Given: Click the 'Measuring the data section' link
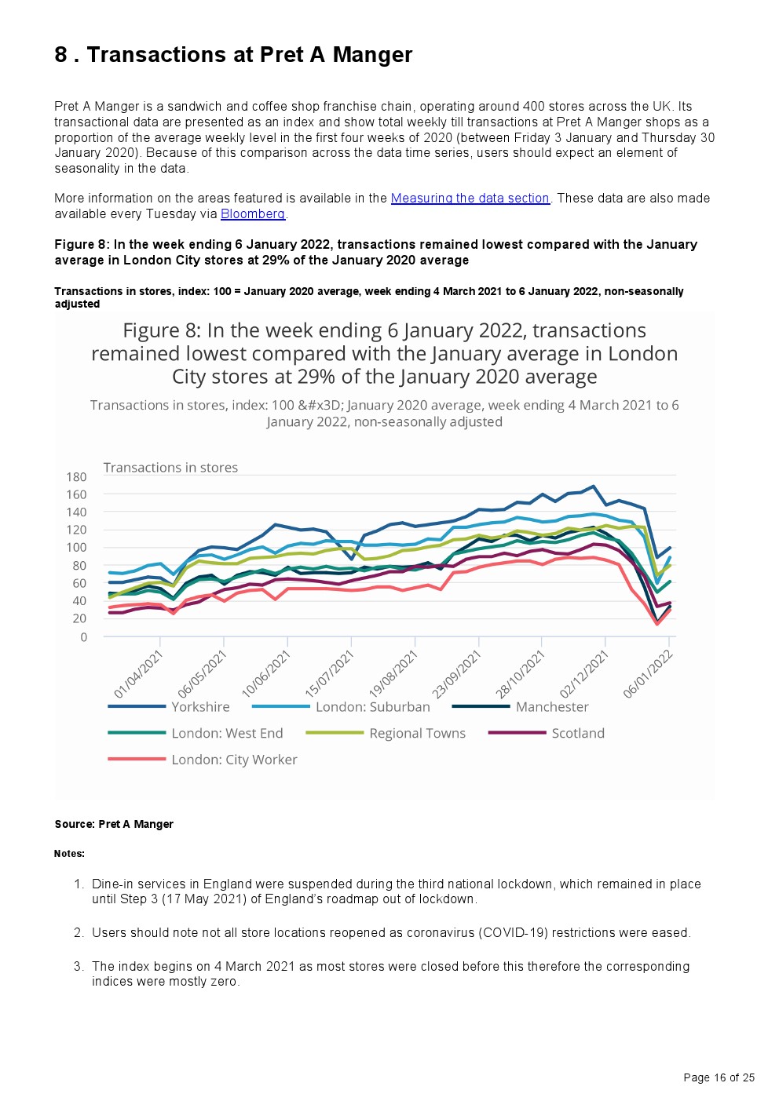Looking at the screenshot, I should pyautogui.click(x=470, y=199).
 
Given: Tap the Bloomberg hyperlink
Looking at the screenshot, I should pyautogui.click(x=252, y=214).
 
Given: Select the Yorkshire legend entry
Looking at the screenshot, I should pyautogui.click(x=200, y=707).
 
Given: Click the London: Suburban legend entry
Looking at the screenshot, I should pyautogui.click(x=372, y=707).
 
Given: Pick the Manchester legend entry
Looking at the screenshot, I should pyautogui.click(x=551, y=707).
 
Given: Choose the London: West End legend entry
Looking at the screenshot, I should pyautogui.click(x=226, y=734).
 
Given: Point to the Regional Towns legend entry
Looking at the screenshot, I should pyautogui.click(x=417, y=734).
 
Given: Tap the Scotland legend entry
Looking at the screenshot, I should pyautogui.click(x=577, y=734).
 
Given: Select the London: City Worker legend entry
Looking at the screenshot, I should pyautogui.click(x=234, y=760).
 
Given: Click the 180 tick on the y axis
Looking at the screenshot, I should pyautogui.click(x=77, y=477).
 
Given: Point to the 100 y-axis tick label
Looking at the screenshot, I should pyautogui.click(x=77, y=548).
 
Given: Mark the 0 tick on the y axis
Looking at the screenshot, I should pyautogui.click(x=83, y=637).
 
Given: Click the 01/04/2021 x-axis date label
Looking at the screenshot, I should pyautogui.click(x=139, y=674).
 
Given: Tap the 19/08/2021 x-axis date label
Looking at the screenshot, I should pyautogui.click(x=393, y=674).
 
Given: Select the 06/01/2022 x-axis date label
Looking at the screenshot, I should pyautogui.click(x=648, y=674).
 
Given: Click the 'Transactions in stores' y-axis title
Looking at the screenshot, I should pyautogui.click(x=170, y=468).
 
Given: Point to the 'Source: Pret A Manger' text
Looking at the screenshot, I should pyautogui.click(x=114, y=824).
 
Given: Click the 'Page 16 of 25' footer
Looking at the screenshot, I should pyautogui.click(x=719, y=1077).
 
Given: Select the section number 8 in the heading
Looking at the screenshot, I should pyautogui.click(x=60, y=55).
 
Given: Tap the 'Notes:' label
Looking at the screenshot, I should pyautogui.click(x=69, y=854).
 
